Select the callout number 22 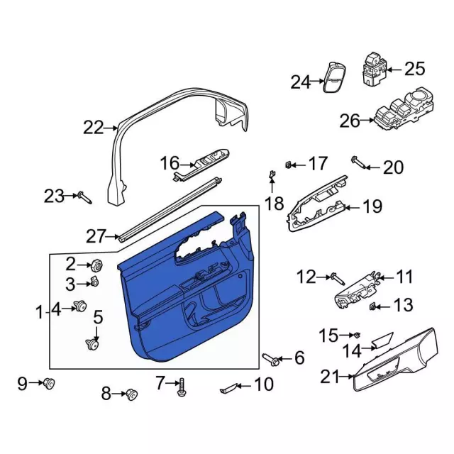pyautogui.click(x=93, y=128)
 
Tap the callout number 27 pyautogui.click(x=96, y=235)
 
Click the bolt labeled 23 pyautogui.click(x=82, y=196)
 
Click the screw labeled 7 pyautogui.click(x=183, y=386)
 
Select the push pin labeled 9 pyautogui.click(x=49, y=384)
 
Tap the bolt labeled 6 pyautogui.click(x=270, y=359)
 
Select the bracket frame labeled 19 pyautogui.click(x=316, y=209)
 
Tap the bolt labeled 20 pyautogui.click(x=360, y=165)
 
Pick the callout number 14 pyautogui.click(x=350, y=348)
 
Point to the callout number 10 pyautogui.click(x=262, y=386)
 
